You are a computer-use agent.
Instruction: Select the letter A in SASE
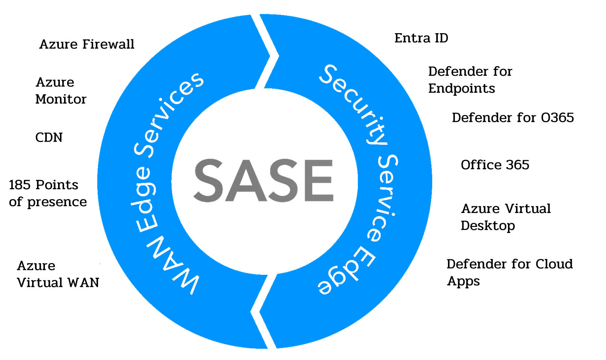click(244, 180)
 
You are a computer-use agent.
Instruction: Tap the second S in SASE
click(279, 180)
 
